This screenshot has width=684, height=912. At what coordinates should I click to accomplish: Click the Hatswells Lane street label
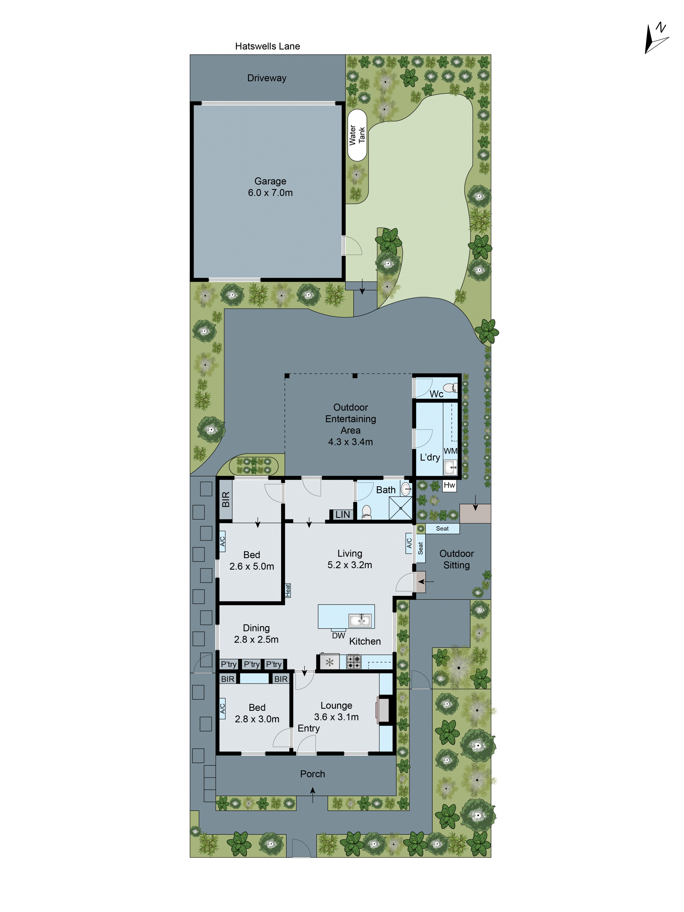point(267,46)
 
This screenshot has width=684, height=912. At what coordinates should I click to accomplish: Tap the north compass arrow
point(655,39)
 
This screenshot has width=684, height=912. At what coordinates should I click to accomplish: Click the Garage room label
point(270,187)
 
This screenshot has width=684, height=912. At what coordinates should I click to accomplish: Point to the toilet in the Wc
point(449,387)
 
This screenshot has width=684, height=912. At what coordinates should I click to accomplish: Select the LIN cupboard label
point(342,514)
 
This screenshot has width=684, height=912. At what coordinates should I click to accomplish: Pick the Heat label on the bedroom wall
point(288,590)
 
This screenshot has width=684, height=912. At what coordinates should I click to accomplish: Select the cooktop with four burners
point(353,662)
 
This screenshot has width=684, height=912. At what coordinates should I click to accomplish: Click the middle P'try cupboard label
point(251,664)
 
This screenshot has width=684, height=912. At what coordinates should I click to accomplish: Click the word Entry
point(308,728)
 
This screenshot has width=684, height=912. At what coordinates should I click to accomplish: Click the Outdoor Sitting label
point(456,559)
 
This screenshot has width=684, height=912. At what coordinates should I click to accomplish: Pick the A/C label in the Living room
point(409,543)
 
